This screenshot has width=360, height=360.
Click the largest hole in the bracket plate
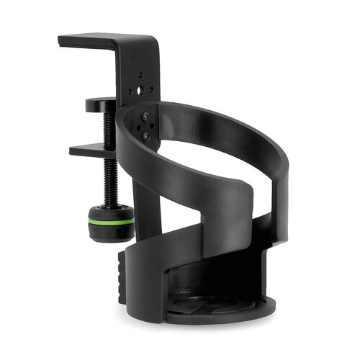point(143,92)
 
